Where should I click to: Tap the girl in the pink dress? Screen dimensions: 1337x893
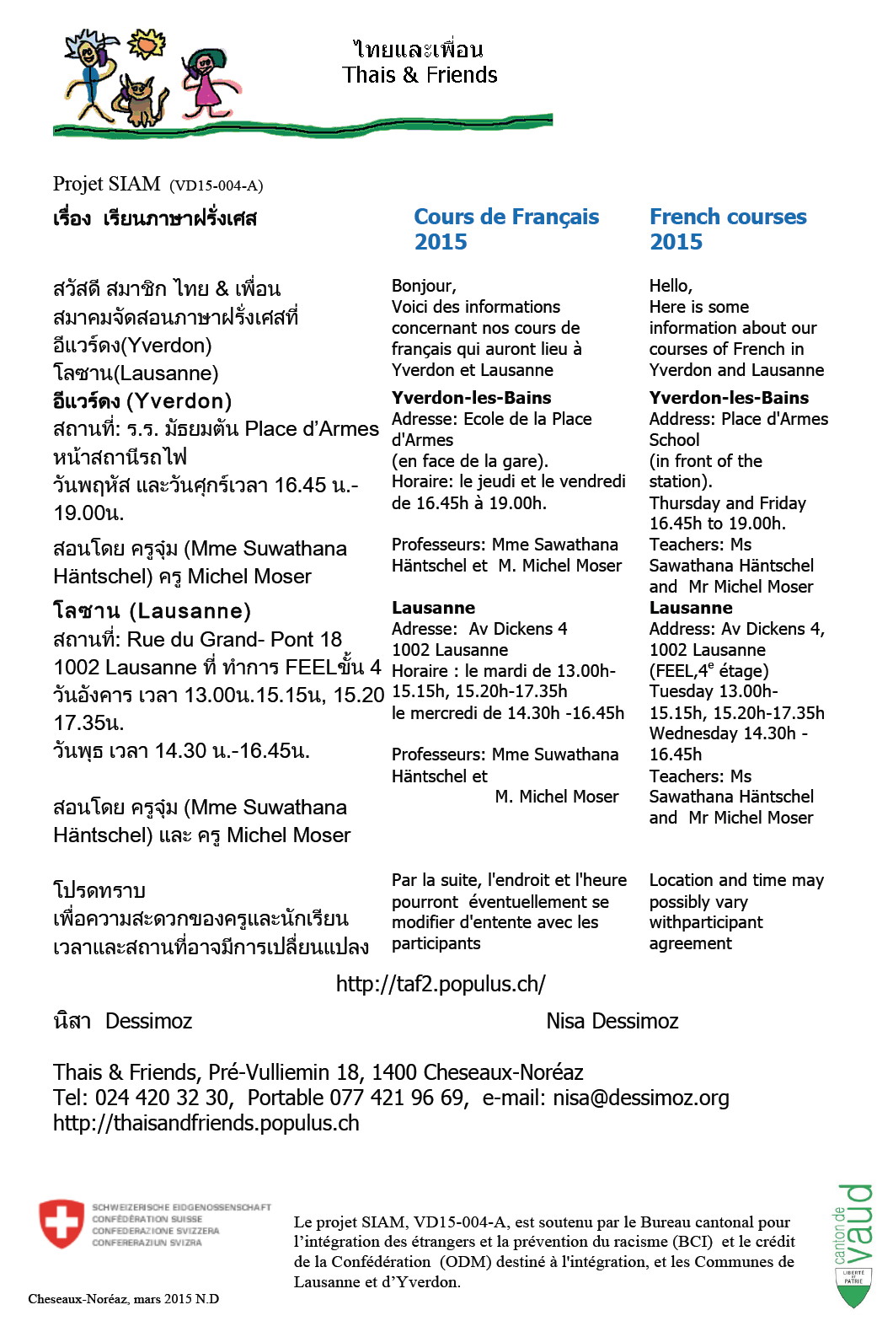tap(206, 81)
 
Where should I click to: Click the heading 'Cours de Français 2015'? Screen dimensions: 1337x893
tap(505, 229)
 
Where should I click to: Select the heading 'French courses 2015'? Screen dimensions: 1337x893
tap(727, 229)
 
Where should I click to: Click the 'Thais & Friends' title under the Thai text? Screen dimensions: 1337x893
tap(420, 75)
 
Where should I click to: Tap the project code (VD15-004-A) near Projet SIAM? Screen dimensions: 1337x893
tap(217, 185)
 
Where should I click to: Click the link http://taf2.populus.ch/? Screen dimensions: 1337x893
tap(441, 984)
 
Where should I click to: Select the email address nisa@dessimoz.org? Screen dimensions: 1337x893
tap(640, 1098)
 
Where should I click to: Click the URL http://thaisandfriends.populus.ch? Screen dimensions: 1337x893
tap(206, 1123)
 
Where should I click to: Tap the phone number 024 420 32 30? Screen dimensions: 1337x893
tap(162, 1098)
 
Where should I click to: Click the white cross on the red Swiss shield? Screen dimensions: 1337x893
tap(61, 1223)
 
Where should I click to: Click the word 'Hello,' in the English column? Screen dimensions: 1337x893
tap(671, 286)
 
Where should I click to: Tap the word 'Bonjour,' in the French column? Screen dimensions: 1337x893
tap(424, 286)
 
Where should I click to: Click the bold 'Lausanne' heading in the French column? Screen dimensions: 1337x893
tap(433, 608)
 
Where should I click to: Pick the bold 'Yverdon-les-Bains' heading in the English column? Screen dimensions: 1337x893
tap(729, 398)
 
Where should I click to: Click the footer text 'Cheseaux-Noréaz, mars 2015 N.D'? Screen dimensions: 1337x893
tap(124, 1299)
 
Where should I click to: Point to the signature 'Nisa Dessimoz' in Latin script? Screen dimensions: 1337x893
tap(612, 1021)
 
